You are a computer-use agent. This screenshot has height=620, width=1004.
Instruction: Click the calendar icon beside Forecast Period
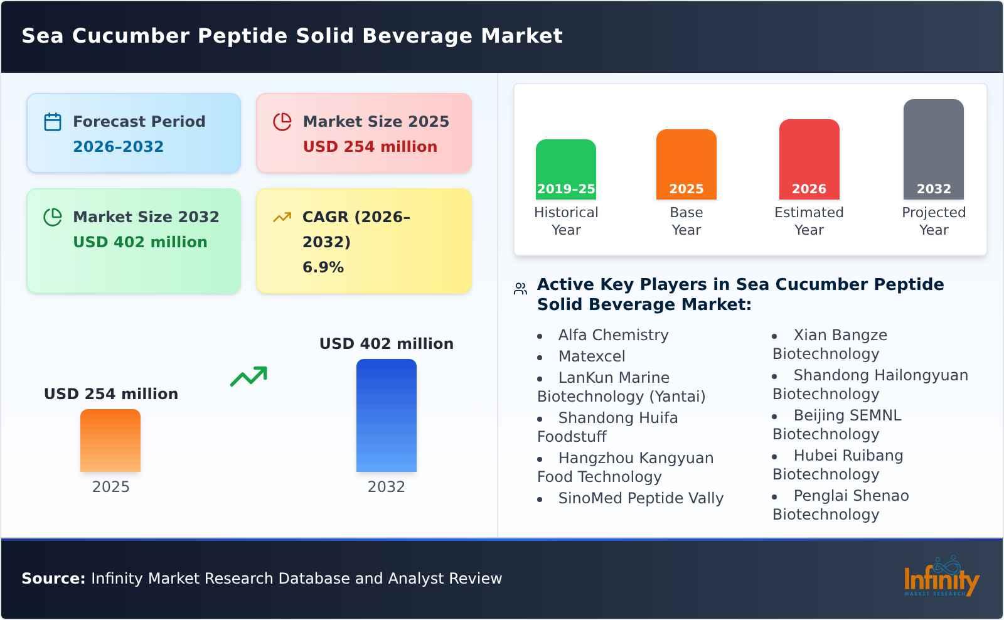click(x=53, y=122)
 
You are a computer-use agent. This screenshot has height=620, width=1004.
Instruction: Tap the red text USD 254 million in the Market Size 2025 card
click(x=370, y=147)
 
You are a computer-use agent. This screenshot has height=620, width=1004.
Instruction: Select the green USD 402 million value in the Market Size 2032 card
click(x=140, y=242)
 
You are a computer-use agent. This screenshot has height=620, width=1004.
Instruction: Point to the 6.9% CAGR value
click(x=323, y=267)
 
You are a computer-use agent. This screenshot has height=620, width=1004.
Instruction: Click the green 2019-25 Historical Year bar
click(x=565, y=169)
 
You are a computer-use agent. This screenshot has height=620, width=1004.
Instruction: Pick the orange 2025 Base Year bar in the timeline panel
click(x=686, y=164)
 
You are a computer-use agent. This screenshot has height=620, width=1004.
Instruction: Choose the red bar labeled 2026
click(x=809, y=159)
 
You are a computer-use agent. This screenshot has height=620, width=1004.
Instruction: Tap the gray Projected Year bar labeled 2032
click(x=933, y=149)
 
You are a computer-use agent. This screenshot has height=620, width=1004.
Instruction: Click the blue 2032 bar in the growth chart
click(x=386, y=415)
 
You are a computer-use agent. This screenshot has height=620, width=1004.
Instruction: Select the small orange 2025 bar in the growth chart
click(x=110, y=441)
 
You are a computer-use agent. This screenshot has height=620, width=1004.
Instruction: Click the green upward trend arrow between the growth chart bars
click(x=248, y=377)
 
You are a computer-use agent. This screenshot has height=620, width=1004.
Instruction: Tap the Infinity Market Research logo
click(x=941, y=578)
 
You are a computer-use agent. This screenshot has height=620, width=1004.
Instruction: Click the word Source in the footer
click(x=52, y=579)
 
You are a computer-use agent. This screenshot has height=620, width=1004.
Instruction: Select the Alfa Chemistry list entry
click(x=613, y=335)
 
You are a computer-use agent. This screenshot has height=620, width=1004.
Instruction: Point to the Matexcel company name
click(x=591, y=356)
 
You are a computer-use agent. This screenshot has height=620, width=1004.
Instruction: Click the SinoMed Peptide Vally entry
click(x=641, y=498)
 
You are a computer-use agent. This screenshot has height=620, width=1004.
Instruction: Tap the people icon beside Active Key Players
click(x=520, y=289)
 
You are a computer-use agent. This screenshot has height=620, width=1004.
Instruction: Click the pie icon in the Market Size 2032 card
click(x=53, y=217)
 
